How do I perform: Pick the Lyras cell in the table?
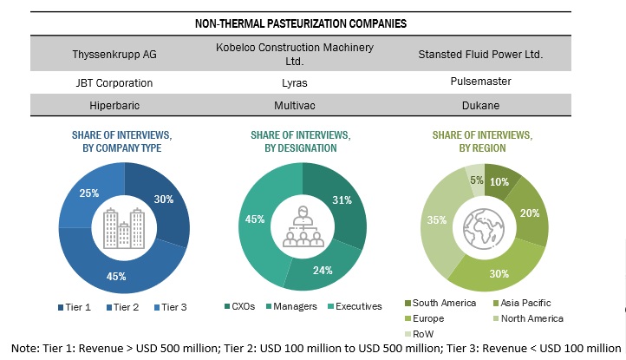pyautogui.click(x=302, y=83)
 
